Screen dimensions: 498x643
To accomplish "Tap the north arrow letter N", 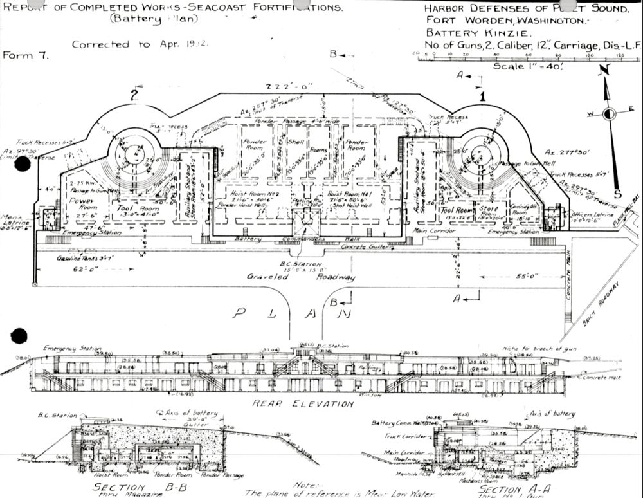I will (x=602, y=71).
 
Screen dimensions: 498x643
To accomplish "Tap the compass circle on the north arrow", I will (x=609, y=114).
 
